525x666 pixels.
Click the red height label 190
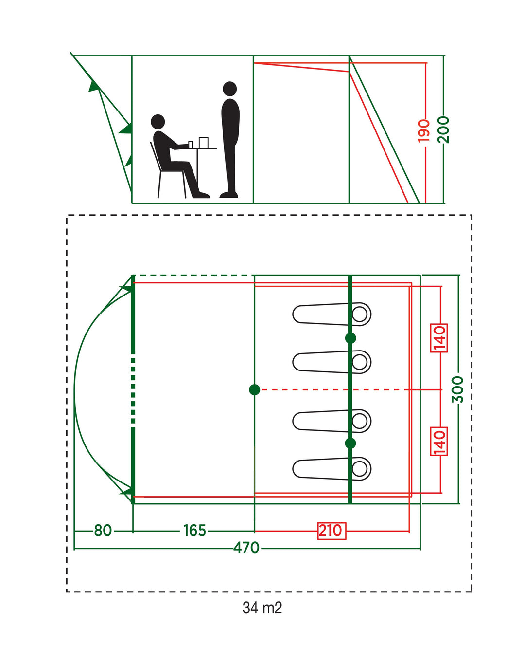(x=424, y=130)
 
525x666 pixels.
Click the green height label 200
(x=443, y=129)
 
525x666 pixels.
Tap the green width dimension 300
(x=457, y=389)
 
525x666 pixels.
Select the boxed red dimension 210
(x=331, y=530)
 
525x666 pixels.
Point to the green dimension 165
(x=194, y=530)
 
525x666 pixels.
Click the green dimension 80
(x=103, y=530)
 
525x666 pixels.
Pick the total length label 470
(x=246, y=548)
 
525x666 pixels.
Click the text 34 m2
(x=262, y=608)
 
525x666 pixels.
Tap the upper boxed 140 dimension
(x=439, y=337)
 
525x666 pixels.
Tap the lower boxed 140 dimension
(x=439, y=442)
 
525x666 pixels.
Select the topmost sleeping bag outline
(x=332, y=314)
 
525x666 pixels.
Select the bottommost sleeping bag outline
(x=332, y=469)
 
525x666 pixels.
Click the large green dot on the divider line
(x=254, y=389)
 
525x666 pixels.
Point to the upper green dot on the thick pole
(x=350, y=338)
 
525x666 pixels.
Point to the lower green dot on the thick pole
(x=350, y=443)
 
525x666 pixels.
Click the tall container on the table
(x=203, y=142)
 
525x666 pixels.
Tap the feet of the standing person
(x=229, y=195)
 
